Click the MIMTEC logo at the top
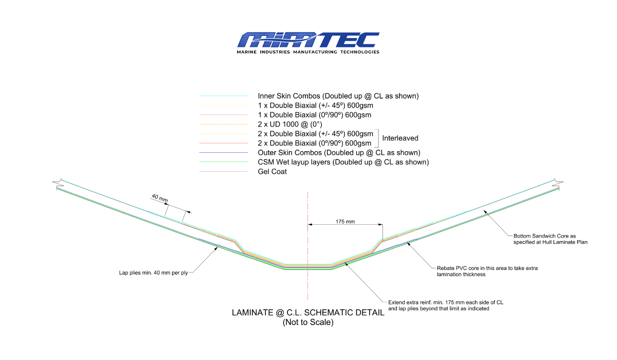pos(308,43)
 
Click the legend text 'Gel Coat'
pos(272,172)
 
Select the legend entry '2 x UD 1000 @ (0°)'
pos(290,124)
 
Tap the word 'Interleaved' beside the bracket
pos(400,138)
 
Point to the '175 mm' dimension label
pos(345,222)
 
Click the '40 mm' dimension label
pos(159,198)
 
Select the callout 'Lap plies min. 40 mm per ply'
pos(153,273)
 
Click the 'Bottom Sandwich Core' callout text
pos(550,239)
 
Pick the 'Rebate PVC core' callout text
pos(487,271)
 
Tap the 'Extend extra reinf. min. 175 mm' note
pos(445,305)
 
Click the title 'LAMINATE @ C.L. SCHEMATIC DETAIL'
pos(308,313)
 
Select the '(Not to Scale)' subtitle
pos(308,322)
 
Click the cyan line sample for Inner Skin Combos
pos(223,96)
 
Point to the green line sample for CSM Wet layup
pos(223,162)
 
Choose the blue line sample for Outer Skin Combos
pos(223,152)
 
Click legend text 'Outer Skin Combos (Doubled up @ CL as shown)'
pos(339,153)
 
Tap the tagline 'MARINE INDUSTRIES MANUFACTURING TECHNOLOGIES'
pos(308,52)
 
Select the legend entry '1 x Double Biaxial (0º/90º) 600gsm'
pos(314,115)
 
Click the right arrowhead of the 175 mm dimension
pos(380,224)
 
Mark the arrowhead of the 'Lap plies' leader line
pos(216,248)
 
